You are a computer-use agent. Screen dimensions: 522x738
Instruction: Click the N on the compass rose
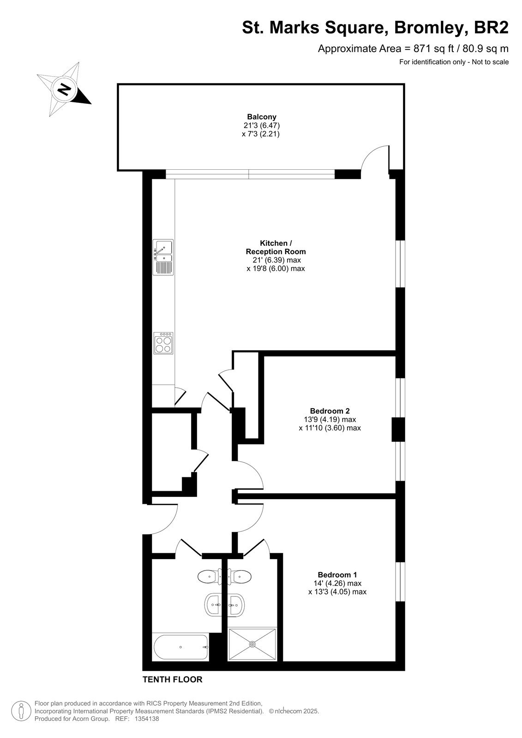click(x=64, y=89)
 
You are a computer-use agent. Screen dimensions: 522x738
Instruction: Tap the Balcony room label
click(x=262, y=117)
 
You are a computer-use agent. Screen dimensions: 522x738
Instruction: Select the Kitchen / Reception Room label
click(x=276, y=247)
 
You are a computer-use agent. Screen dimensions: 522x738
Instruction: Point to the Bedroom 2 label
click(x=330, y=411)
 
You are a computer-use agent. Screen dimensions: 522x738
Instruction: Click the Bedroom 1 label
click(x=337, y=575)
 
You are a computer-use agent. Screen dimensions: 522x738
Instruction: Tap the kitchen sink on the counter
click(x=163, y=257)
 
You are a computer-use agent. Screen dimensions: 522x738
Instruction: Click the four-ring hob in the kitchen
click(x=163, y=343)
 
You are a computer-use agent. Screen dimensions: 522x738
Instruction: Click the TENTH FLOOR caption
click(x=173, y=679)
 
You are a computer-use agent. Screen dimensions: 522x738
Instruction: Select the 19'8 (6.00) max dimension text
click(x=276, y=268)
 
